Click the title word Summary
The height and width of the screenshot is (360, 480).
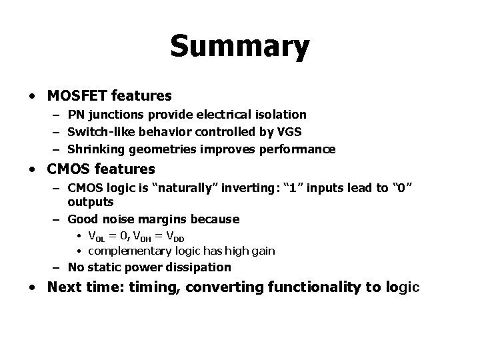pyautogui.click(x=239, y=47)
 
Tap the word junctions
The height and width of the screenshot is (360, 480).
pyautogui.click(x=115, y=115)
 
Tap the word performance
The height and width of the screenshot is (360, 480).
pyautogui.click(x=299, y=149)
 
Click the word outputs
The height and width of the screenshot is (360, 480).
pyautogui.click(x=91, y=201)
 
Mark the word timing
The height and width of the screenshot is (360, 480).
pyautogui.click(x=155, y=288)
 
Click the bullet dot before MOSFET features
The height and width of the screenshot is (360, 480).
pyautogui.click(x=33, y=96)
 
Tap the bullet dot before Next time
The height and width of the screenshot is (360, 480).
pyautogui.click(x=33, y=288)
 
